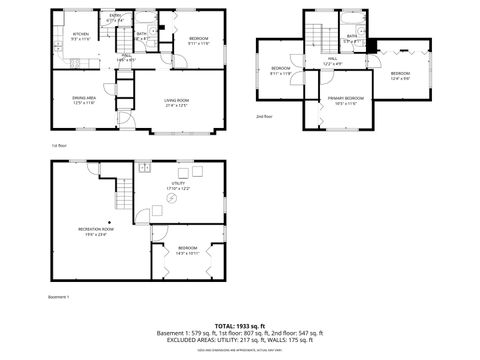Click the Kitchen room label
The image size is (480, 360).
tap(81, 36)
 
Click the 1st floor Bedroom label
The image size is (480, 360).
tap(198, 41)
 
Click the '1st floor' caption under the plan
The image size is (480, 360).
tap(59, 145)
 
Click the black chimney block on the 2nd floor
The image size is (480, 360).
tap(372, 46)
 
